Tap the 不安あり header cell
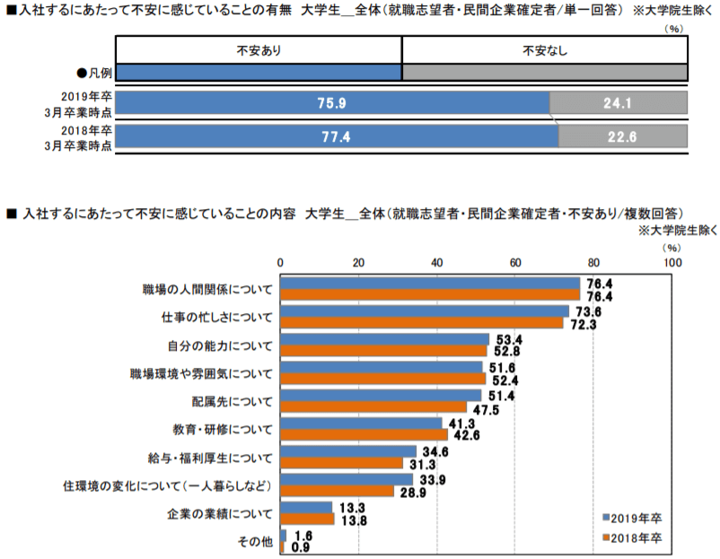point(259,50)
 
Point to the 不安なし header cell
point(544,50)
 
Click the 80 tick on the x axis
point(593,262)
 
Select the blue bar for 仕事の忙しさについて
point(425,311)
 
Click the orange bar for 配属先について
point(373,406)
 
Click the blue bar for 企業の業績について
point(306,508)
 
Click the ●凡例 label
point(93,71)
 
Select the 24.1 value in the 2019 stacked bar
point(618,103)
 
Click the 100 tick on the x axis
point(671,262)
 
